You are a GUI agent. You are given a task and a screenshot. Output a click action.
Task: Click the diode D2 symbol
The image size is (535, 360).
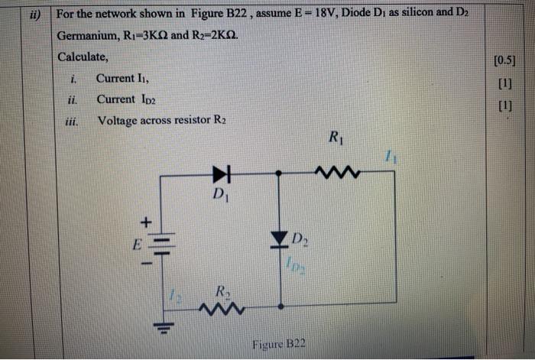[x=280, y=239]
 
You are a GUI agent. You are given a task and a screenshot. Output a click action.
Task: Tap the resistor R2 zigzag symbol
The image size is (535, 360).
[x=222, y=308]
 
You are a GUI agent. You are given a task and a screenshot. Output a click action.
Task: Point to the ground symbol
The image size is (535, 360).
[x=161, y=330]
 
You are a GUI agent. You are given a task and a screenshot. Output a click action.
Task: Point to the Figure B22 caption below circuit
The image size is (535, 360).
[x=279, y=344]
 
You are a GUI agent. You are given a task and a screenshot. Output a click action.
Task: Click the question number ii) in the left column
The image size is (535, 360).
[x=34, y=14]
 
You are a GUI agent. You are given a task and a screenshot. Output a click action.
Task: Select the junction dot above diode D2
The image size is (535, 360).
[x=280, y=174]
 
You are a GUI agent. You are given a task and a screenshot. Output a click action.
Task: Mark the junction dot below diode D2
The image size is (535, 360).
[x=280, y=306]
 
